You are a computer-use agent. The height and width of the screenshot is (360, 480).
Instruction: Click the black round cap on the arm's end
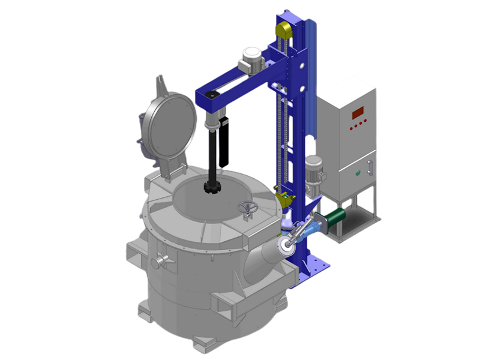[211, 96]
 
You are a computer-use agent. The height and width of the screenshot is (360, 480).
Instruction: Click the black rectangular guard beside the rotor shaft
[226, 141]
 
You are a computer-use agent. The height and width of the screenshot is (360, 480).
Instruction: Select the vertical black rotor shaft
[212, 156]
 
